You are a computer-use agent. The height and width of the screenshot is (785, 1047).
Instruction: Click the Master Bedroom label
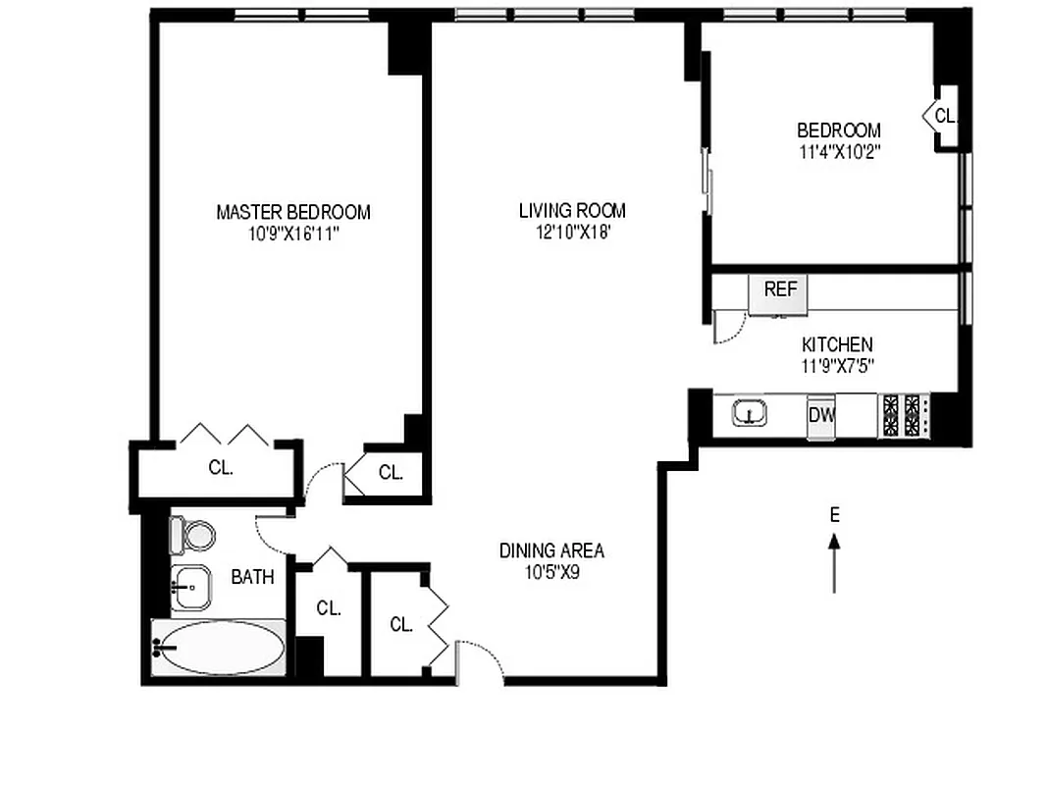pyautogui.click(x=292, y=212)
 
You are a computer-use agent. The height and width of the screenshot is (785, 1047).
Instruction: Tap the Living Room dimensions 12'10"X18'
pyautogui.click(x=571, y=233)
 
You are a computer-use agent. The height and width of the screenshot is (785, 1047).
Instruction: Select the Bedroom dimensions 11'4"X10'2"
pyautogui.click(x=838, y=152)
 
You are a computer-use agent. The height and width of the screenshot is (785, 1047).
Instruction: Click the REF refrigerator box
pyautogui.click(x=779, y=291)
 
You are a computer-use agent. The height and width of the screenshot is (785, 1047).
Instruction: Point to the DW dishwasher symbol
pyautogui.click(x=821, y=415)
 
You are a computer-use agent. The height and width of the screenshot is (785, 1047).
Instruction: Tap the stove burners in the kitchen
pyautogui.click(x=903, y=415)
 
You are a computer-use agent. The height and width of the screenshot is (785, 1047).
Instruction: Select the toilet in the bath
pyautogui.click(x=193, y=535)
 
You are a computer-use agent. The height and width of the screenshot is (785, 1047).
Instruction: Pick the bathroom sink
pyautogui.click(x=192, y=587)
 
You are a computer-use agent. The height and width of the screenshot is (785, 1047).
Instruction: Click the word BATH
pyautogui.click(x=252, y=578)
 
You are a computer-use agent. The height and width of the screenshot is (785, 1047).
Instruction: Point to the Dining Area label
pyautogui.click(x=551, y=550)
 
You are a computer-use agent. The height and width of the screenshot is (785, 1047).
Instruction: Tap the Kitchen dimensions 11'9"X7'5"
pyautogui.click(x=837, y=366)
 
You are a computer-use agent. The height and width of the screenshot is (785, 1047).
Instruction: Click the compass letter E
pyautogui.click(x=834, y=514)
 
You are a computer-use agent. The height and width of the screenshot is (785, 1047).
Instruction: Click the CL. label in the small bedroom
pyautogui.click(x=944, y=116)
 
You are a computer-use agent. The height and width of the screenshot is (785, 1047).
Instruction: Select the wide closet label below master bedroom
pyautogui.click(x=221, y=469)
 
